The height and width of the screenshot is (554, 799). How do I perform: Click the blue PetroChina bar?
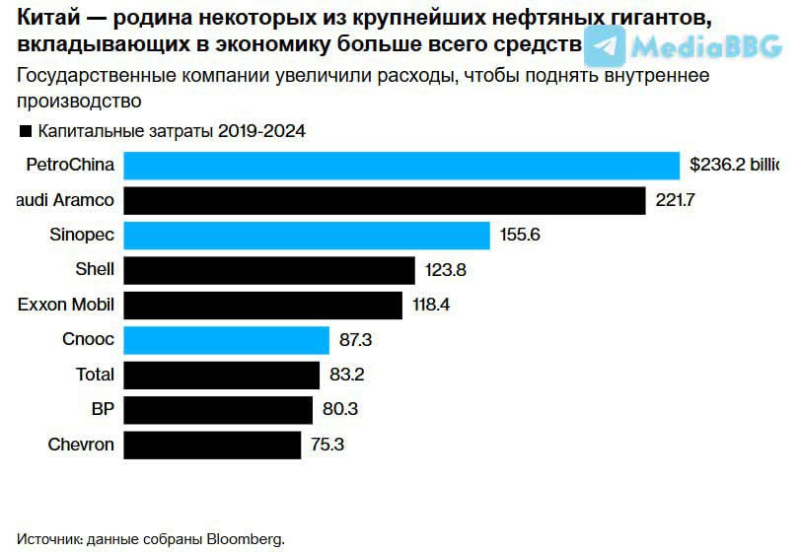[401, 166]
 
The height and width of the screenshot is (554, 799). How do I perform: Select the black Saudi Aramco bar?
[385, 201]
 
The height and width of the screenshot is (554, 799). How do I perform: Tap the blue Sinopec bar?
[307, 236]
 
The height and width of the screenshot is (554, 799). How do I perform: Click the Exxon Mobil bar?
[263, 305]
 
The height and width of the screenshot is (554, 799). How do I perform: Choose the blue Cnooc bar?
[227, 340]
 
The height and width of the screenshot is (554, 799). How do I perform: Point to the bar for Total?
[222, 375]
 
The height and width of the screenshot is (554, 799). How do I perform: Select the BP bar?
[218, 409]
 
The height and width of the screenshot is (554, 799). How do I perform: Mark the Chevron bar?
[212, 445]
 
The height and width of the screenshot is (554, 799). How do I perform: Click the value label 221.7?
[676, 201]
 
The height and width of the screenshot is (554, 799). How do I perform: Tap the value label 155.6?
[521, 236]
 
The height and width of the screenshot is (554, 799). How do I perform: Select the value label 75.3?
[327, 445]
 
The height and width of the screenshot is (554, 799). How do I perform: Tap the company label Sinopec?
[82, 236]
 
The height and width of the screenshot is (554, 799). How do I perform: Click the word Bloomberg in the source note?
[244, 539]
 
